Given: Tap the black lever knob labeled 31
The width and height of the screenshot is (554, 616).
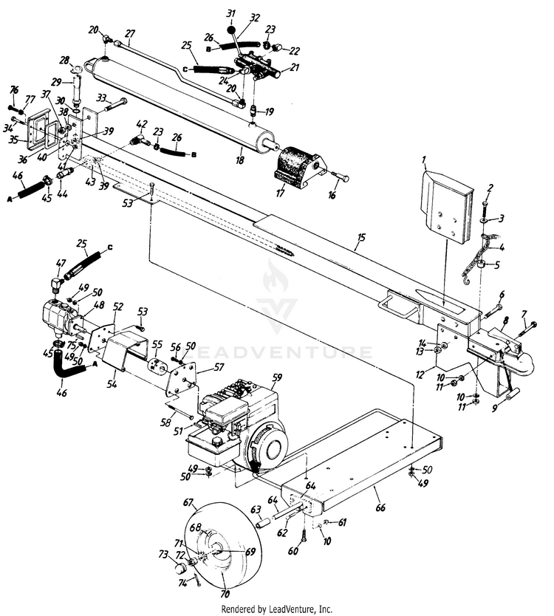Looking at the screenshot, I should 231,31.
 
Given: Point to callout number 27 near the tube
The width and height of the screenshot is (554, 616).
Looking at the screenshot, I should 130,33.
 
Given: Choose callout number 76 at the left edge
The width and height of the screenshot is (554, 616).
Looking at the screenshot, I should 13,89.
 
